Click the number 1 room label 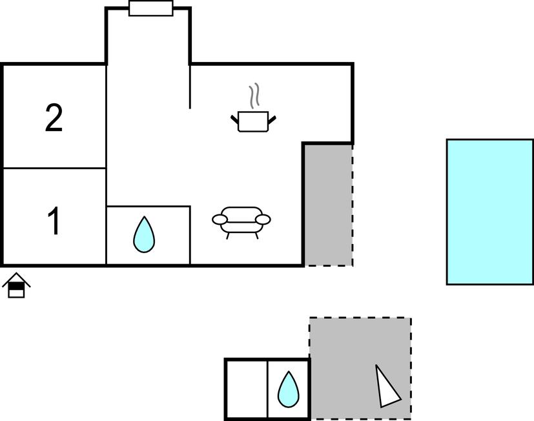point(54,221)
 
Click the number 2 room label point(54,119)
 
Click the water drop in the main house point(144,234)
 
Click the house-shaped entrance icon point(16,285)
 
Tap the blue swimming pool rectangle point(489,211)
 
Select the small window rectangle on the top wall point(150,8)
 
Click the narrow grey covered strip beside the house point(328,205)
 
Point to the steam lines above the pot point(256,96)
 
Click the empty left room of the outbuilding point(247,389)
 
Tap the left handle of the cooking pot point(234,118)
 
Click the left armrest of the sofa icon point(220,220)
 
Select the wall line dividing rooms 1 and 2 point(54,169)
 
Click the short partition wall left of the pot point(190,87)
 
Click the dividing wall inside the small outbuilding point(267,389)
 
